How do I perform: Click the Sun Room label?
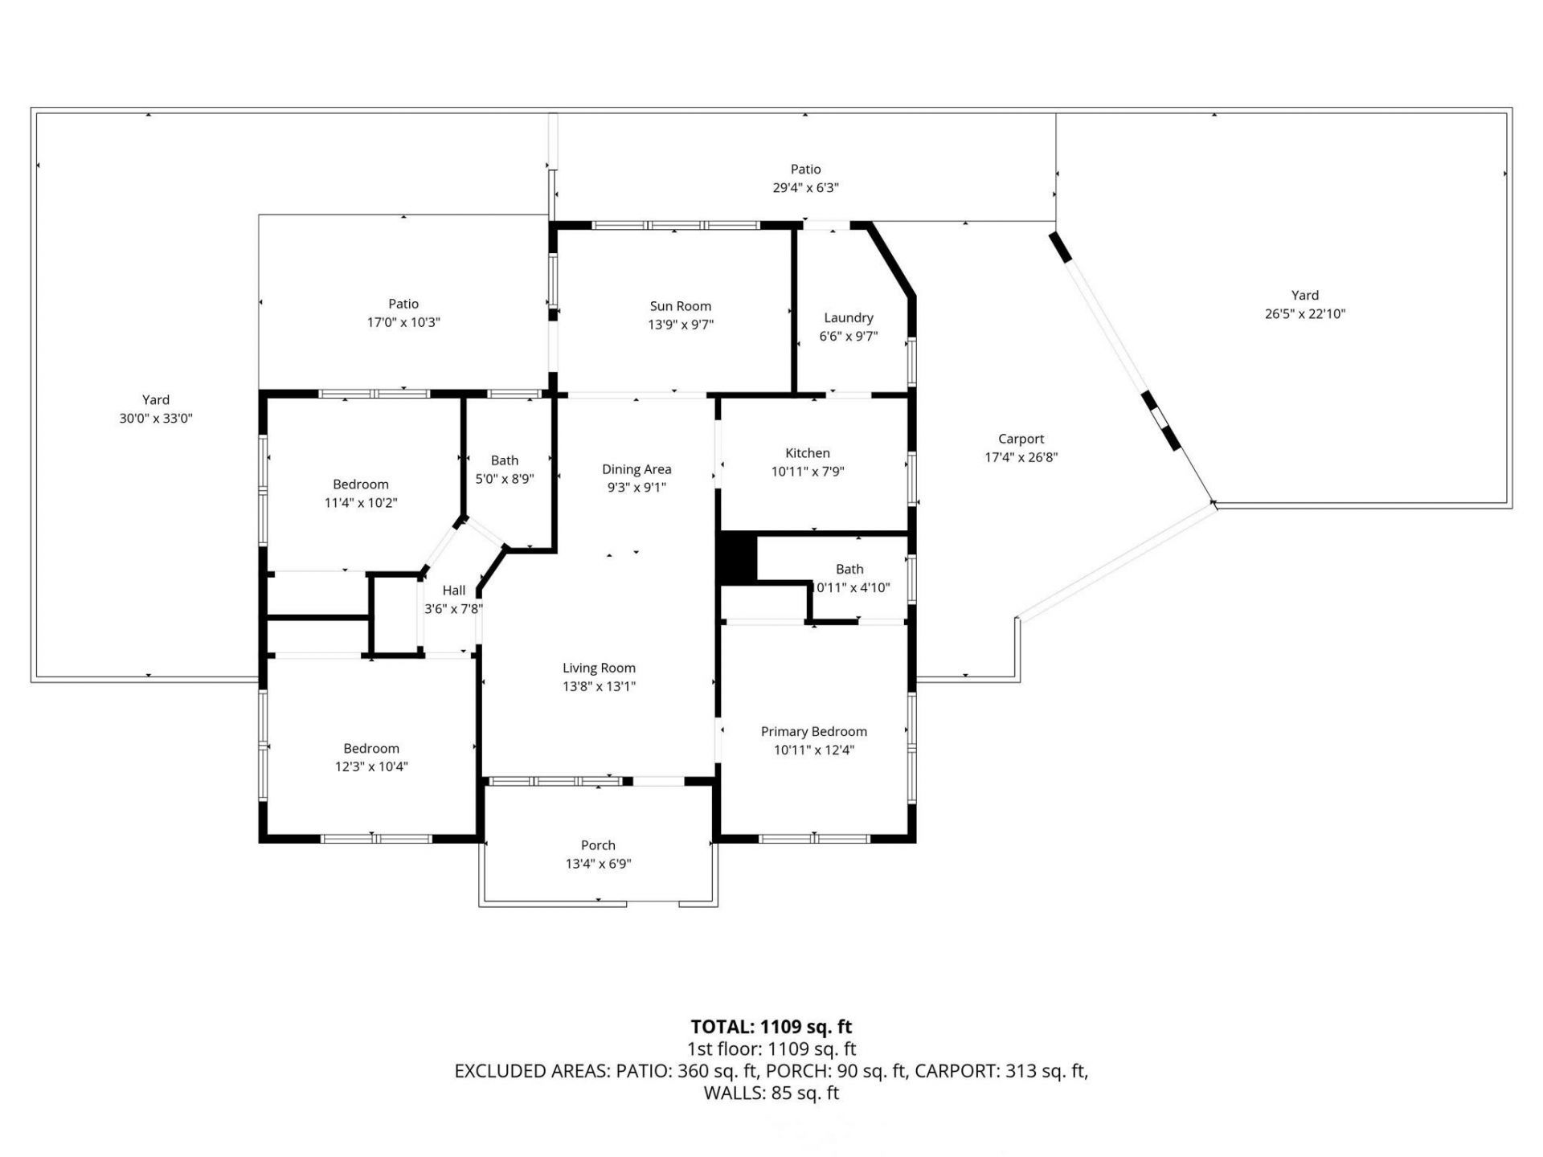pos(680,306)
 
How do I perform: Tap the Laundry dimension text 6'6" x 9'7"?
pos(848,337)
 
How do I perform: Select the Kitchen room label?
pos(807,453)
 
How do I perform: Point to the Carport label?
pos(1021,439)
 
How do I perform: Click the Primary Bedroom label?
pos(813,731)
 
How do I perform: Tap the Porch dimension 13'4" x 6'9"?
pos(598,864)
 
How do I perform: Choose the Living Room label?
pos(599,668)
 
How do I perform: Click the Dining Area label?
pos(636,469)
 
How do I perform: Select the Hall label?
pos(453,591)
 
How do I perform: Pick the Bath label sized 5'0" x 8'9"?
pos(504,460)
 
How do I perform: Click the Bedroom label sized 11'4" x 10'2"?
pos(360,484)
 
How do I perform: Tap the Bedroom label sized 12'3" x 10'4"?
pos(370,749)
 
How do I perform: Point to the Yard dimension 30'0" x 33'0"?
pos(156,419)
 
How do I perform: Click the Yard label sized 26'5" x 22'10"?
pos(1304,296)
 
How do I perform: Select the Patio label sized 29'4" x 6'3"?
pos(805,170)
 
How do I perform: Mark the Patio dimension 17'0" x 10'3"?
pos(403,323)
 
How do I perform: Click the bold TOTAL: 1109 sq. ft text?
pos(771,1027)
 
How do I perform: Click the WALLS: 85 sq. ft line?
pos(771,1093)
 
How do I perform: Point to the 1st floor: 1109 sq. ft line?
pos(771,1049)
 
